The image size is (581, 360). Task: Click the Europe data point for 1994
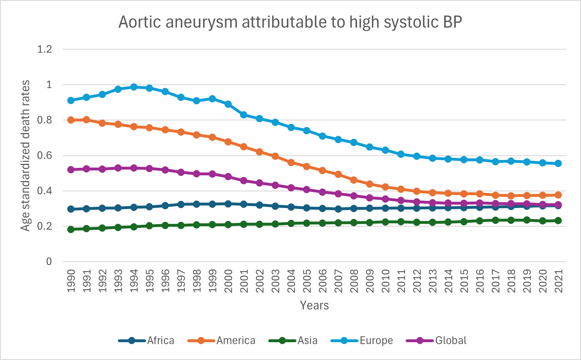[x=134, y=87]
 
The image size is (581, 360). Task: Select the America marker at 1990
[x=71, y=120]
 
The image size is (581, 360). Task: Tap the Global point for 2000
[x=228, y=176]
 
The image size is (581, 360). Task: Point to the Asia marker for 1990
[x=71, y=229]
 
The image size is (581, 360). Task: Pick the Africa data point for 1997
[x=181, y=205]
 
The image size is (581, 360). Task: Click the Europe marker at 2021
[x=558, y=163]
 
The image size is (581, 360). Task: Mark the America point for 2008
[x=354, y=180]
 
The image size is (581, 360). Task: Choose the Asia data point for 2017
[x=495, y=220]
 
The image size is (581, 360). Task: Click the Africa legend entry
[x=147, y=341]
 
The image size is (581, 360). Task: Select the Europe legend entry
[x=362, y=341]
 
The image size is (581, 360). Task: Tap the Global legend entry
[x=437, y=341]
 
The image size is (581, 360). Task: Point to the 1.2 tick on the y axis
[x=45, y=49]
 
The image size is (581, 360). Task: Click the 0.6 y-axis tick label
[x=45, y=155]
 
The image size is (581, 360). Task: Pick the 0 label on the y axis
[x=49, y=261]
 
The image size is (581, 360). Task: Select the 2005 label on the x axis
[x=307, y=281]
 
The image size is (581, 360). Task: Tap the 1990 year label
[x=71, y=281]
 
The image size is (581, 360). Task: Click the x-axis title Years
[x=314, y=305]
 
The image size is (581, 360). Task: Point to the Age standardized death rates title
[x=25, y=155]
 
